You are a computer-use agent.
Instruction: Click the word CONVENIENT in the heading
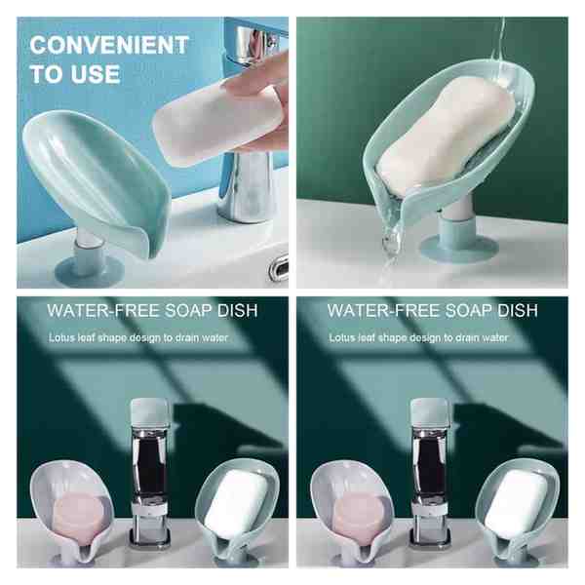tap(109, 45)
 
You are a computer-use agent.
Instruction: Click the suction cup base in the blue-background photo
tap(89, 267)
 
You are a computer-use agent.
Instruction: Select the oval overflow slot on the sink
tap(279, 267)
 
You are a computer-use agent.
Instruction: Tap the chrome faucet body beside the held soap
tap(247, 186)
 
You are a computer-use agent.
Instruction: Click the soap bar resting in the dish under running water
tap(444, 138)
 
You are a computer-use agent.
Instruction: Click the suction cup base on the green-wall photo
tap(459, 248)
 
